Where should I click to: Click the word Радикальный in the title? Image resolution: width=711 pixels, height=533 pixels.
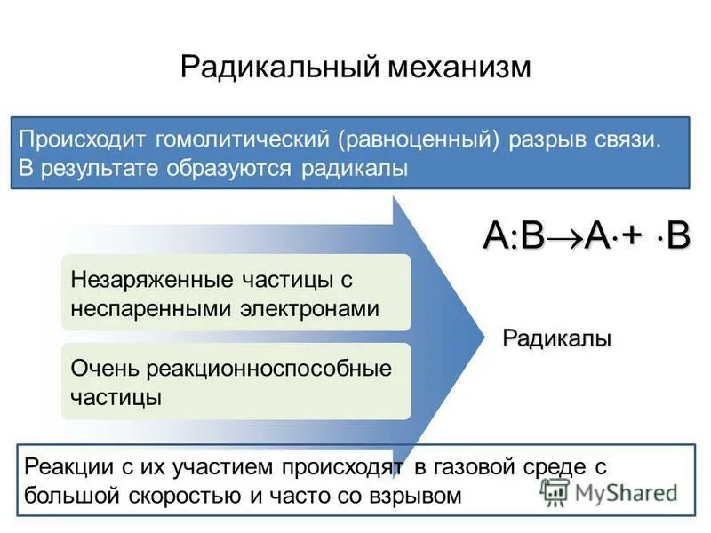pyautogui.click(x=278, y=68)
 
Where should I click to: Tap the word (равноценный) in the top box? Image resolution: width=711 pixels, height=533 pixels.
pyautogui.click(x=416, y=139)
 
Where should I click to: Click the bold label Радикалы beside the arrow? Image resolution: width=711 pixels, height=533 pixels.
pyautogui.click(x=557, y=338)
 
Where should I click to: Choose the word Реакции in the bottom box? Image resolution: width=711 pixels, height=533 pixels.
pyautogui.click(x=63, y=466)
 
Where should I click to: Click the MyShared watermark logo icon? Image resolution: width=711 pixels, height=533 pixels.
pyautogui.click(x=555, y=491)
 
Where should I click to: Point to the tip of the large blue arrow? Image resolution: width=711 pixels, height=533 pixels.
pyautogui.click(x=481, y=330)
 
